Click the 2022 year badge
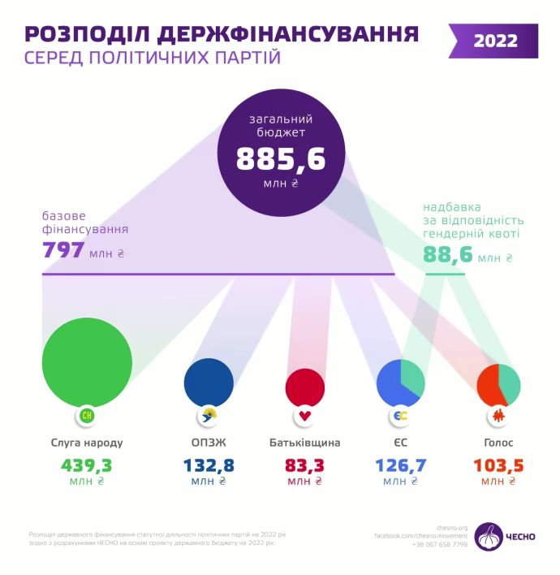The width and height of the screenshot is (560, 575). tap(495, 41)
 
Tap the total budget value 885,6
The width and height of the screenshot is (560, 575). tap(280, 158)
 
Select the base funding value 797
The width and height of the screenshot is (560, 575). tap(63, 250)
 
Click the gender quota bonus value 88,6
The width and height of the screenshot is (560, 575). tap(448, 255)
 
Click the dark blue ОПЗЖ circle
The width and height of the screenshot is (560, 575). tap(209, 382)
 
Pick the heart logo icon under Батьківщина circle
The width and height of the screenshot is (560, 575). tap(305, 417)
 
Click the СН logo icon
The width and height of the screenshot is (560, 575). tap(87, 417)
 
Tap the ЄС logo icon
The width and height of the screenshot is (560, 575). tap(400, 417)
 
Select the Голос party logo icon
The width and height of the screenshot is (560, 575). tap(498, 417)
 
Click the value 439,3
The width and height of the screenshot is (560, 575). tap(86, 465)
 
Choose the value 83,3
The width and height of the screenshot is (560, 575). tap(305, 465)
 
